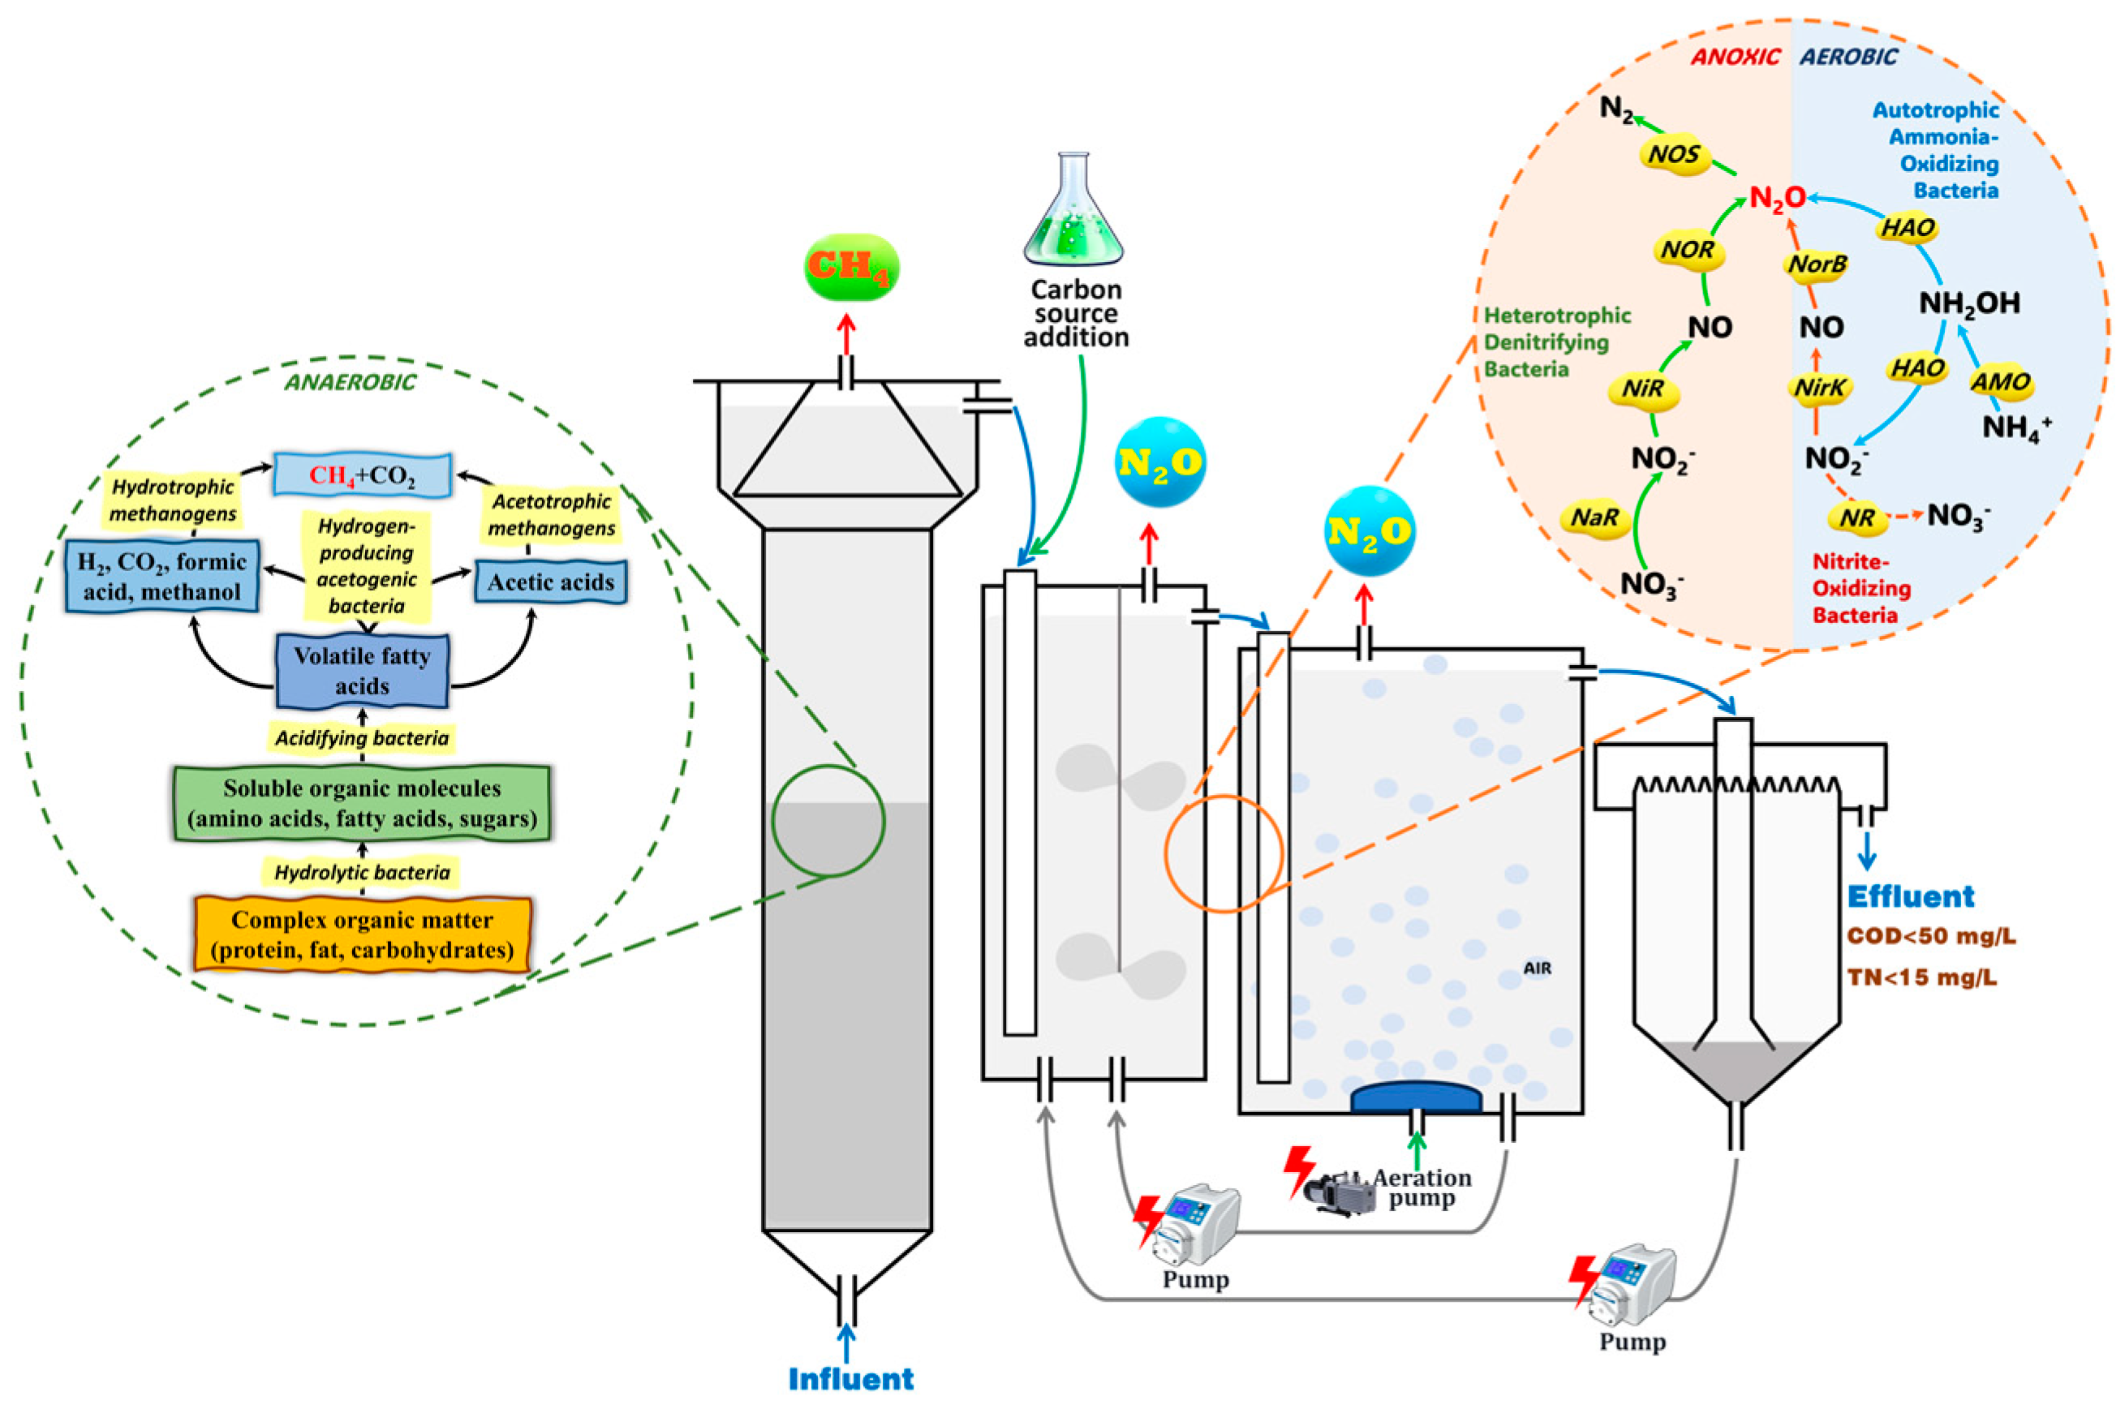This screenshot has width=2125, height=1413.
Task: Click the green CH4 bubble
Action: (850, 268)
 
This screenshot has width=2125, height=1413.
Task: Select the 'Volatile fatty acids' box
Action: (361, 671)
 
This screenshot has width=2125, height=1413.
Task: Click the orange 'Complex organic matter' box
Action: (362, 934)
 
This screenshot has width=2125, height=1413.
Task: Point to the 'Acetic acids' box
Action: (551, 582)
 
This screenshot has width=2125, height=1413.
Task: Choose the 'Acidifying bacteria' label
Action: (362, 738)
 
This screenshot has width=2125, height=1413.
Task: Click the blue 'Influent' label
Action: (850, 1379)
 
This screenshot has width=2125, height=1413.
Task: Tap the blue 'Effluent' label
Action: (1911, 896)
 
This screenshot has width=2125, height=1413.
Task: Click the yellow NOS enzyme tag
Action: (1674, 155)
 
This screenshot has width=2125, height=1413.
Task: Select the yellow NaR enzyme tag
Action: (1595, 518)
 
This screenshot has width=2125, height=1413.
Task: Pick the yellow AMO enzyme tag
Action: (1999, 382)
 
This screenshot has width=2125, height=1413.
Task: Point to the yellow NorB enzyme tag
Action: (1817, 265)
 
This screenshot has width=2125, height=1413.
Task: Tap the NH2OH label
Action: (1969, 303)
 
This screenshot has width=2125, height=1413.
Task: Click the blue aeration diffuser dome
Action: (1416, 1097)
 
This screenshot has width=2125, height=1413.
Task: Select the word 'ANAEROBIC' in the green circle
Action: (350, 382)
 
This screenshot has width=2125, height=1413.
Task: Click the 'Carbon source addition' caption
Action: (1076, 313)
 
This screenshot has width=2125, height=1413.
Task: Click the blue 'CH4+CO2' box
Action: (362, 475)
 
